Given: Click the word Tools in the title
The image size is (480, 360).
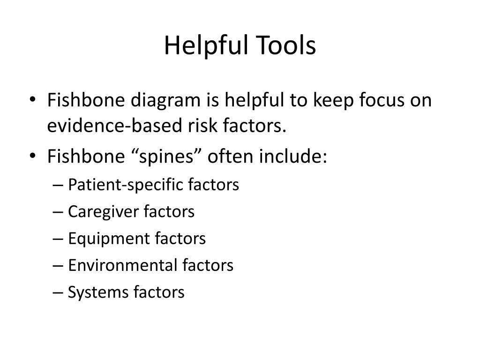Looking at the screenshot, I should click(x=285, y=46).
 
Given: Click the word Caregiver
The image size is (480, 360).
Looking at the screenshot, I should click(x=103, y=211).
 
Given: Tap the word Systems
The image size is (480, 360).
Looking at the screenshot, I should click(x=97, y=292).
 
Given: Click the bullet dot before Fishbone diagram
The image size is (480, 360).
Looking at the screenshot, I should click(x=36, y=100).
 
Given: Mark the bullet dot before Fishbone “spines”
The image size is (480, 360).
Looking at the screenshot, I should click(x=36, y=157).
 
